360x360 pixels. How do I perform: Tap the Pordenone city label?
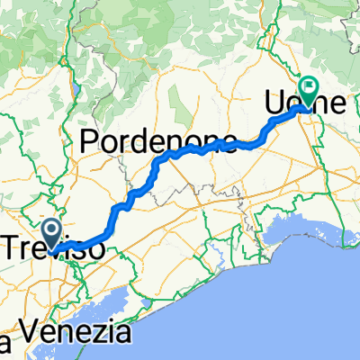point(159,140)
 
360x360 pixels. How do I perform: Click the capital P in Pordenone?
point(90,140)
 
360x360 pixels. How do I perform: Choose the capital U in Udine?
point(275,103)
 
